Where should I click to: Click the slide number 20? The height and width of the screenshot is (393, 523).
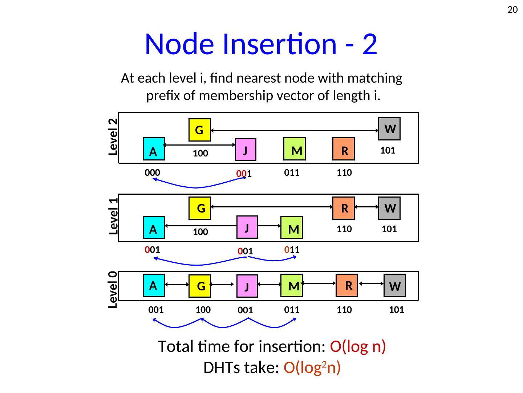[x=512, y=10]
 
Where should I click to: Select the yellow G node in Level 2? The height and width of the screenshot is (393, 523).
[x=199, y=130]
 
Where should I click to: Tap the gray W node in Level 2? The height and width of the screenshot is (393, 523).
[x=389, y=129]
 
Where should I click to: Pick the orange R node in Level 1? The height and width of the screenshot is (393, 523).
[x=344, y=208]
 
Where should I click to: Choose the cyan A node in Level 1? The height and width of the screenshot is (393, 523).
[x=154, y=229]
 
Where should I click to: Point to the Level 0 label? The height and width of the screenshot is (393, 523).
[x=113, y=290]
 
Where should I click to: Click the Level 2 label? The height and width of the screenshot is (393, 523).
[x=113, y=137]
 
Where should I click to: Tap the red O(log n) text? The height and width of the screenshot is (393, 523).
[x=358, y=346]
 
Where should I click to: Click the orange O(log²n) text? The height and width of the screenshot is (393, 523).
[x=312, y=368]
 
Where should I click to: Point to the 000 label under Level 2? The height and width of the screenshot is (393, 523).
[x=153, y=172]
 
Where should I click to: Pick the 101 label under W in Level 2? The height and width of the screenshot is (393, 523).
[x=388, y=151]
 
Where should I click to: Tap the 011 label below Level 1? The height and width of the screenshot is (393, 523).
[x=292, y=250]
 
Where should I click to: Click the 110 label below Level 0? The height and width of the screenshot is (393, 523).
[x=344, y=310]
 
